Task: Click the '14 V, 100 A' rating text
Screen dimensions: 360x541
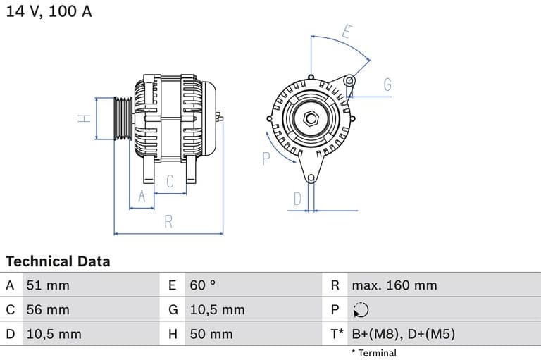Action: (49, 11)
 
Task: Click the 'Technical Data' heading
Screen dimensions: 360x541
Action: (58, 261)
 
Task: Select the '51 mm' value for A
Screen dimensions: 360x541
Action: (48, 285)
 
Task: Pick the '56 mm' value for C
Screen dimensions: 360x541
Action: (48, 309)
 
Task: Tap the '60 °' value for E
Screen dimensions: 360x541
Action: (203, 285)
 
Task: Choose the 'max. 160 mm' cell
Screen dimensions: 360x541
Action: (394, 285)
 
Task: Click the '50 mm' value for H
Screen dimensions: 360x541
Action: (211, 334)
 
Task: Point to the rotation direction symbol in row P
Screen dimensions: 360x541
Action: (360, 309)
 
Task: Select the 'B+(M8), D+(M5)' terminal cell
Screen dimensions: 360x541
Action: (404, 334)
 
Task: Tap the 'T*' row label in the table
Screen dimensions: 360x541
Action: (337, 334)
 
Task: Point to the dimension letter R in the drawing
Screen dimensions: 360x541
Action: (168, 221)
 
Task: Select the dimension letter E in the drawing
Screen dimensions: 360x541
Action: (347, 32)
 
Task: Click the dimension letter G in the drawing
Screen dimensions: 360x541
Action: (387, 85)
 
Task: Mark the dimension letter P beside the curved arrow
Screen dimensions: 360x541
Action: (266, 159)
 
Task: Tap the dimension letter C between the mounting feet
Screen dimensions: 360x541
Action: (170, 182)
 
